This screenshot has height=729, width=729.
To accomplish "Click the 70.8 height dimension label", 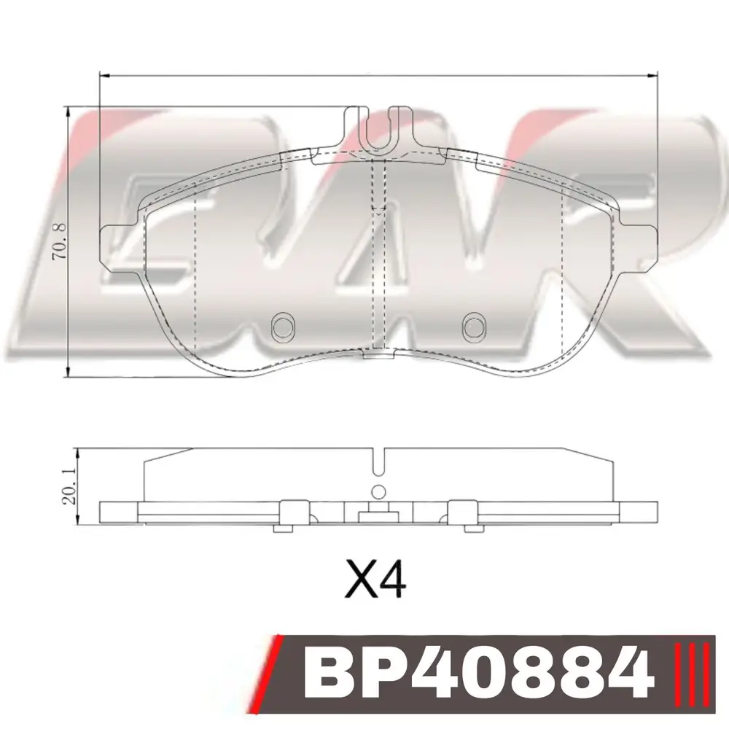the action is (61, 242).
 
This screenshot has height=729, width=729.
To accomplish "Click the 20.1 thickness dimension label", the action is (69, 487).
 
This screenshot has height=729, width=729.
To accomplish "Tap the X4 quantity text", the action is (375, 579).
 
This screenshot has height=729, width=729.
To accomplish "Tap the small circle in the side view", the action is (379, 491).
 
